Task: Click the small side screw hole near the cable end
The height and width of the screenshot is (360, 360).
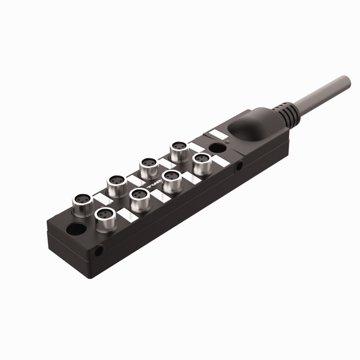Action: point(240,166)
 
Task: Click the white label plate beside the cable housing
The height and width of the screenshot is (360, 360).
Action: point(218,133)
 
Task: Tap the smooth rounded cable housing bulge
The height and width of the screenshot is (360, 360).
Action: point(249,127)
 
